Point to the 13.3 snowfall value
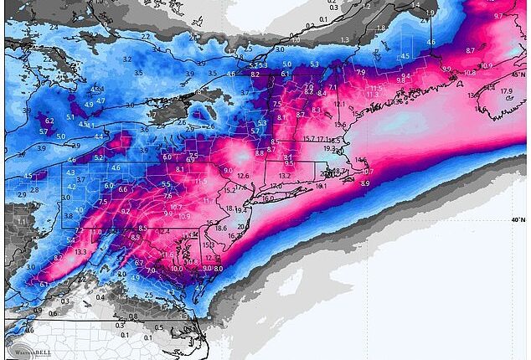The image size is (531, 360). pyautogui.click(x=80, y=252)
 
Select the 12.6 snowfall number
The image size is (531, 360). pyautogui.click(x=244, y=175)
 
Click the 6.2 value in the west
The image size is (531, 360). pyautogui.click(x=49, y=121)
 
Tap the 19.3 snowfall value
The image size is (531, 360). pyautogui.click(x=330, y=148)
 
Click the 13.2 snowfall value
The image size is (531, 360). pyautogui.click(x=285, y=176)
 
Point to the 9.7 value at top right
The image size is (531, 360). pyautogui.click(x=499, y=16)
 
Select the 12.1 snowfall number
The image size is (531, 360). pyautogui.click(x=339, y=104)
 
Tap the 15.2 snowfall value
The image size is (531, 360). pyautogui.click(x=229, y=191)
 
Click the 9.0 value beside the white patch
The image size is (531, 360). pyautogui.click(x=227, y=170)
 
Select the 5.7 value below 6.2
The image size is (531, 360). pyautogui.click(x=44, y=132)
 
